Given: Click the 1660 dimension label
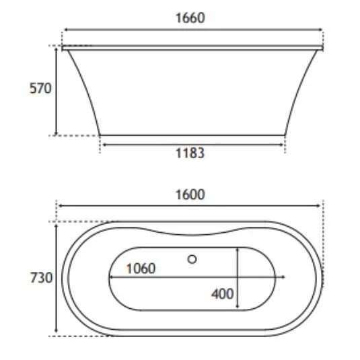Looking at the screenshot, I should click(190, 18).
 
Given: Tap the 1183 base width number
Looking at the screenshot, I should click(190, 153).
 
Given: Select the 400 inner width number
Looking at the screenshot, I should click(223, 293).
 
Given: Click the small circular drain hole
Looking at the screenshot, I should click(192, 258).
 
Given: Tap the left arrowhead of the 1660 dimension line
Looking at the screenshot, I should click(65, 30).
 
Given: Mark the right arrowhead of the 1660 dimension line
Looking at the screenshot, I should click(321, 30).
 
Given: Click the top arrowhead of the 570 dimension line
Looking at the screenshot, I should click(56, 48).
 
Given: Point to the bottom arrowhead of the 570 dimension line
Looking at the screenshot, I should click(56, 133).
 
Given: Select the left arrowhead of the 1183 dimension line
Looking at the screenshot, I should click(102, 142).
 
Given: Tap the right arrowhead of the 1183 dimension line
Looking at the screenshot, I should click(283, 142).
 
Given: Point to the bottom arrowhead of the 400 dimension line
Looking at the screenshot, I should click(238, 309).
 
